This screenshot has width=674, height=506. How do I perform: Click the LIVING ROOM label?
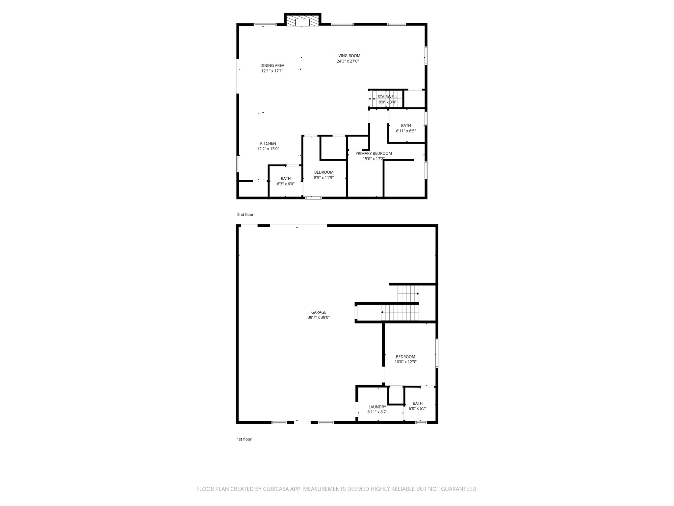[348, 56]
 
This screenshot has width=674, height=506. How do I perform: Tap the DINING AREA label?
[272, 66]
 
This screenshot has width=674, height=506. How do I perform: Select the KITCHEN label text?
[268, 143]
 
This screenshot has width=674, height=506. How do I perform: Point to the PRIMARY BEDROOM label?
[374, 153]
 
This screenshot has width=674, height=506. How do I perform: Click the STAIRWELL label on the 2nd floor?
[387, 97]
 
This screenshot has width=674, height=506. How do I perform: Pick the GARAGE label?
[319, 312]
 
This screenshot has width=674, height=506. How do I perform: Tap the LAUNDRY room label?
[377, 407]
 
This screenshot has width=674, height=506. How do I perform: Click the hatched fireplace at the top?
[302, 21]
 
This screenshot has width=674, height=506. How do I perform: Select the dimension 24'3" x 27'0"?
[348, 61]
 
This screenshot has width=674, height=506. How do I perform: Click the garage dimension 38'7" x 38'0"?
[319, 318]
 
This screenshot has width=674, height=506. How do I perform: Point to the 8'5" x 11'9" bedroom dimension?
[324, 178]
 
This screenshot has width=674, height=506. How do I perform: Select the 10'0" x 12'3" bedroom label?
[405, 357]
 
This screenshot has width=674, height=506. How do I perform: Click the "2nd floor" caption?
[245, 214]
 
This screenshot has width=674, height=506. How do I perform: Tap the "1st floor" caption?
[244, 439]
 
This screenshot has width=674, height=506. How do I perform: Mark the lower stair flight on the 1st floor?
[400, 313]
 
